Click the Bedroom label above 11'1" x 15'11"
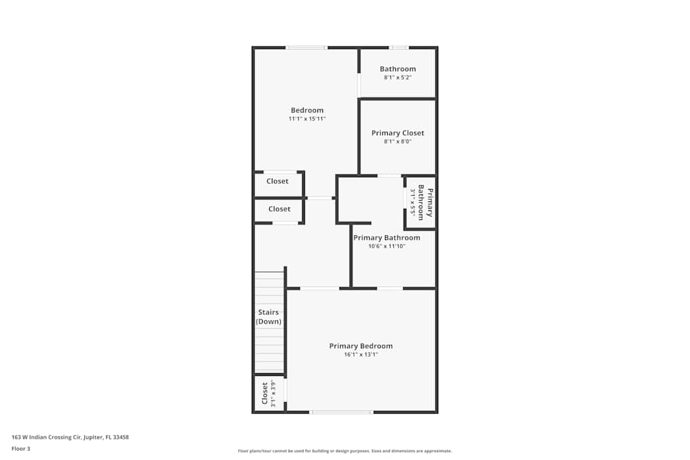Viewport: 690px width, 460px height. pos(307,110)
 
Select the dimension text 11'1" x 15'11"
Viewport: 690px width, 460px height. pos(307,119)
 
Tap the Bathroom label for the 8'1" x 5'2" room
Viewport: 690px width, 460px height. pos(397,69)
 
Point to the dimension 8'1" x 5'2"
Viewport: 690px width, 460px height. pos(397,78)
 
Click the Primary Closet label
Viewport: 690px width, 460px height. pos(397,133)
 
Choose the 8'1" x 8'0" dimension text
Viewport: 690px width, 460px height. pos(397,142)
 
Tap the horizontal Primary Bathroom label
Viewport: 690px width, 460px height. pos(386,238)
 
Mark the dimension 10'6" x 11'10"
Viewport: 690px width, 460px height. pos(386,246)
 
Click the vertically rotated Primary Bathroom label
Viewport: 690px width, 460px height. pos(425,203)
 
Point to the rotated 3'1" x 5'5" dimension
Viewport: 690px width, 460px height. pos(413,203)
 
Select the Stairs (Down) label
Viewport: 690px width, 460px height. pos(268,317)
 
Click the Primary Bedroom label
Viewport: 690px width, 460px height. pos(361,346)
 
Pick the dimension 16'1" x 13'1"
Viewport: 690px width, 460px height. pos(361,354)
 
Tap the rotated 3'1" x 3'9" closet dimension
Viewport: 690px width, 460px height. pos(273,394)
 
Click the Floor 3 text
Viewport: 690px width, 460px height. pos(21,448)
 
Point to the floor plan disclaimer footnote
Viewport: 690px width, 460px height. pos(345,450)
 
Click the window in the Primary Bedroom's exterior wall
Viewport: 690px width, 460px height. pos(341,412)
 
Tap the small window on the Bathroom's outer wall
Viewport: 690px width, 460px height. pos(398,48)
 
